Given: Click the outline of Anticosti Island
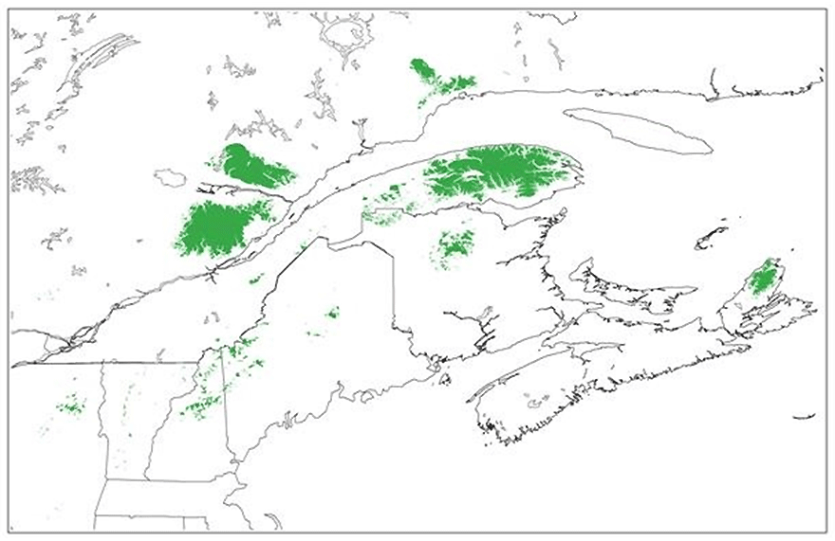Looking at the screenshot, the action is pos(638,130).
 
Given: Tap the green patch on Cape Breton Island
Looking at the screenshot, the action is pos(763,279).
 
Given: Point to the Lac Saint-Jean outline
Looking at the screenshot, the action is pos(172,177).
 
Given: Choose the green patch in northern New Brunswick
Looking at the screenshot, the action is pos(455,246).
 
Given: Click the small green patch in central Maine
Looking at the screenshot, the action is pos(332,313).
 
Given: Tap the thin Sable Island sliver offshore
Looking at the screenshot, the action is pos(804,416).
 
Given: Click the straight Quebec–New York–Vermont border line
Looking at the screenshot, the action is pos(104,362).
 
